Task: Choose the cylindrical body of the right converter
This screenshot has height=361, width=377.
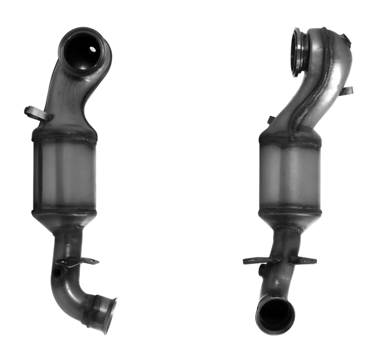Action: point(285,174)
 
